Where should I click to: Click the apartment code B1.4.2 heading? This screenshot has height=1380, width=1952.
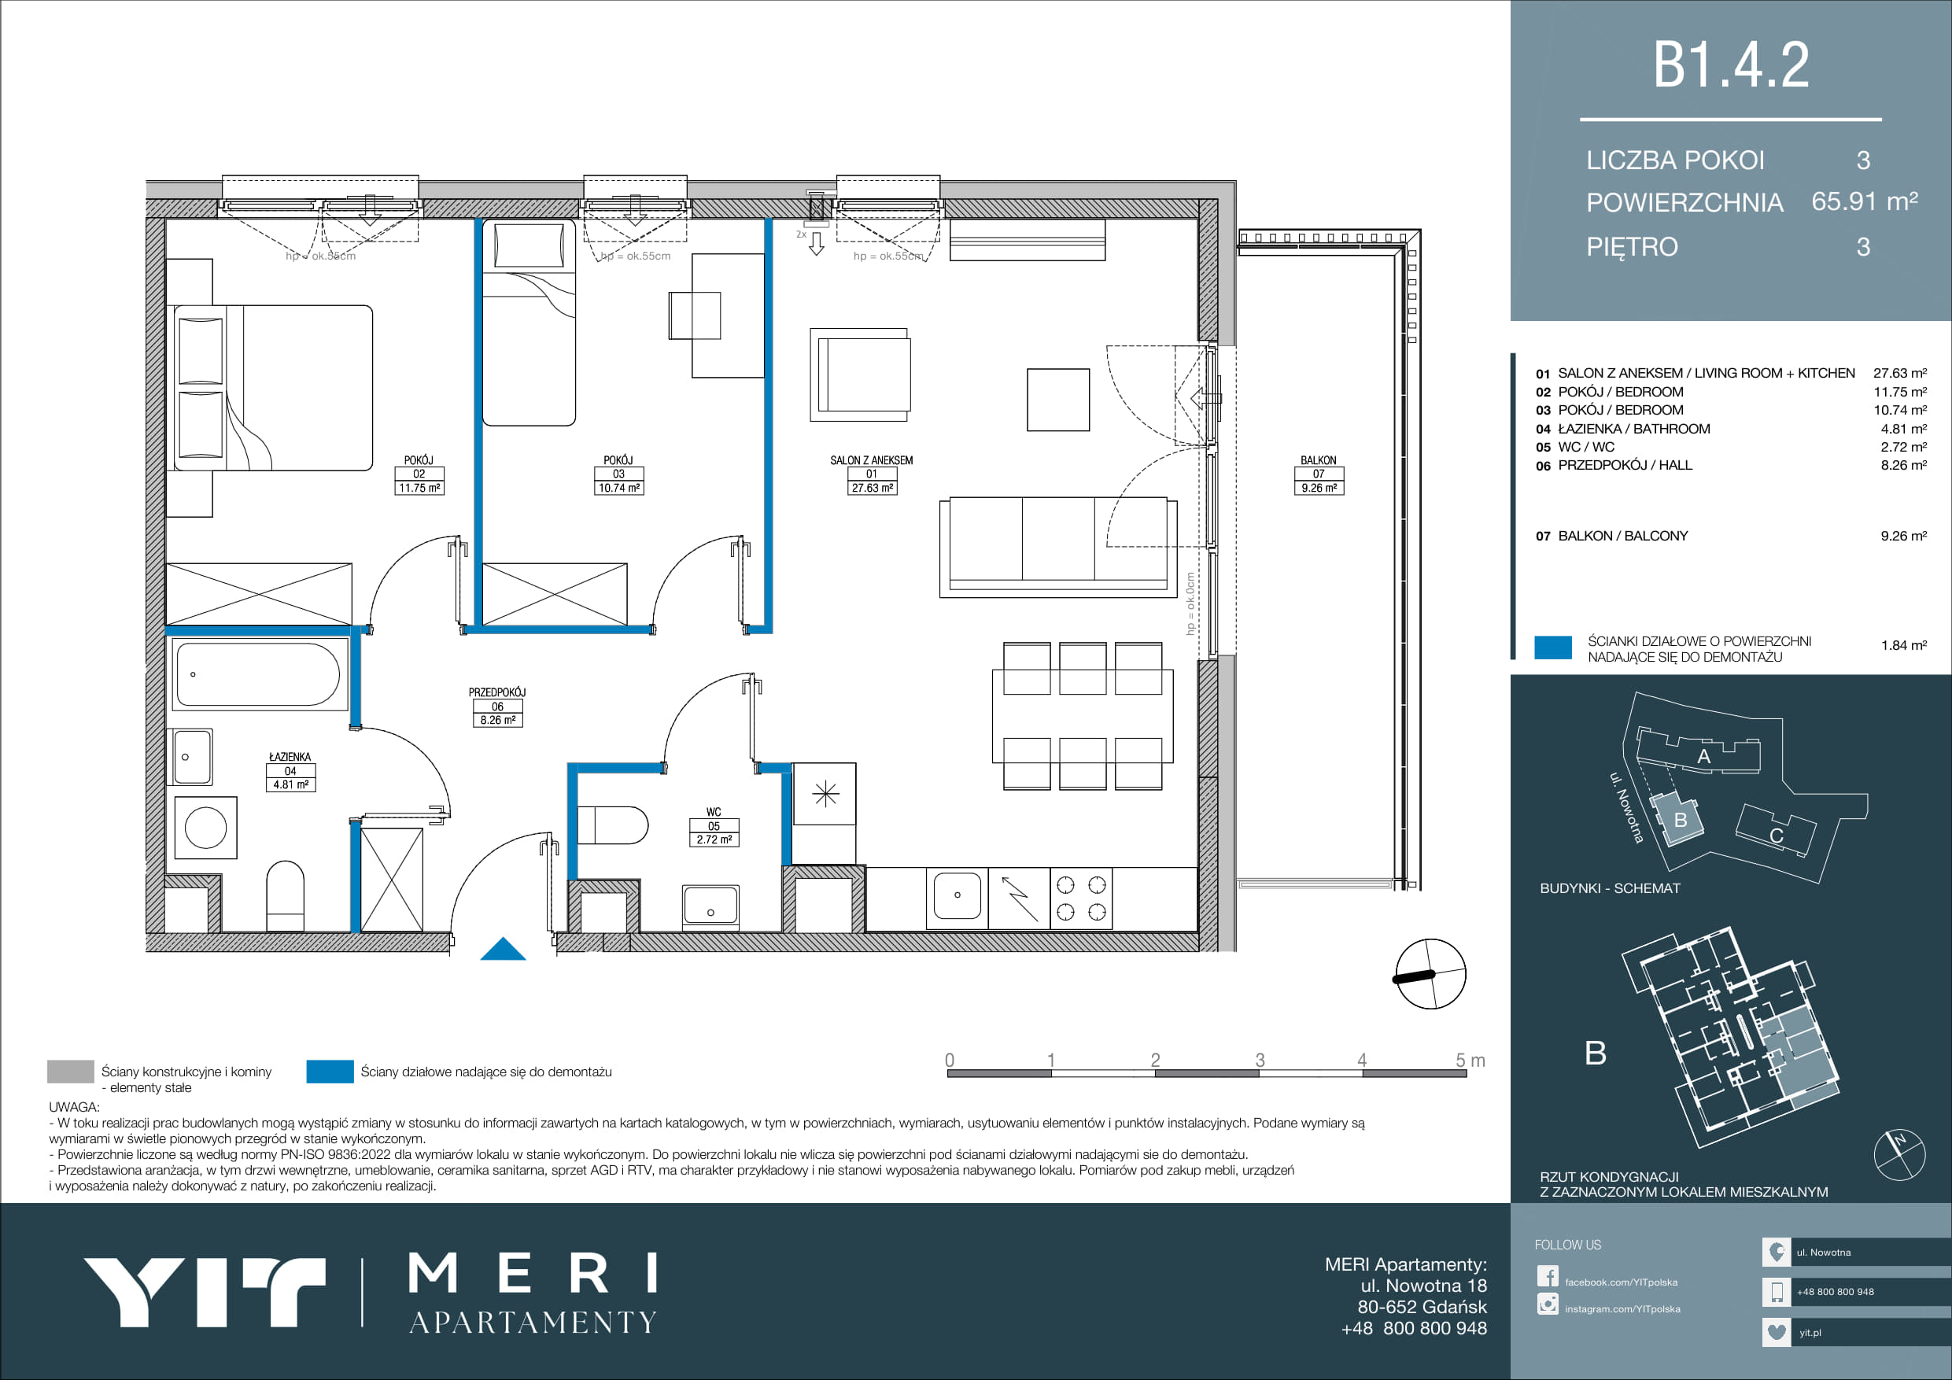(x=1730, y=65)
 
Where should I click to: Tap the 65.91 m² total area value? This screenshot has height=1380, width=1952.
(x=1865, y=201)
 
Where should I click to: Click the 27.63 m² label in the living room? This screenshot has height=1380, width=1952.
(x=872, y=488)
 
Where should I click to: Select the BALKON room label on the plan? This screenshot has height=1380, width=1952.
(x=1318, y=460)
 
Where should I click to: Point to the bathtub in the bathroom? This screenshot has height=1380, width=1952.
(x=258, y=673)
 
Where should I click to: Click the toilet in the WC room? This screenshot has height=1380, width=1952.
(x=612, y=825)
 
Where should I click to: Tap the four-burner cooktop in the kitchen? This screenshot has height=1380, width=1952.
(x=1081, y=898)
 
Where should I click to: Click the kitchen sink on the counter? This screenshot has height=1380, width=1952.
(x=958, y=896)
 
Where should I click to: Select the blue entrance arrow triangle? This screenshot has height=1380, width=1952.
(x=504, y=948)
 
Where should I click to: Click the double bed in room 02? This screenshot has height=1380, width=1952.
(x=273, y=388)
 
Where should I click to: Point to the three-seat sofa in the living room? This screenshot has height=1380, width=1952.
(x=1058, y=547)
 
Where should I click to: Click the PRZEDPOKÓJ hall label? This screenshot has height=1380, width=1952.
(x=497, y=692)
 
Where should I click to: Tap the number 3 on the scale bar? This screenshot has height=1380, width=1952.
(x=1260, y=1060)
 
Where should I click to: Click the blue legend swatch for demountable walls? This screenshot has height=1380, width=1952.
(x=330, y=1072)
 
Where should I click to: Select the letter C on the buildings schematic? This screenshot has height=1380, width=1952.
(x=1776, y=836)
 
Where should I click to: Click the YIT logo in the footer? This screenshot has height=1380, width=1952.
(x=205, y=1293)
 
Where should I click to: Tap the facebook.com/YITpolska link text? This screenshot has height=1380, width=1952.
(x=1622, y=1282)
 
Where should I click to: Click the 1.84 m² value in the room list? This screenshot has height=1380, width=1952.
(x=1903, y=645)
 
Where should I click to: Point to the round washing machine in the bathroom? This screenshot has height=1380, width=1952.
(x=205, y=828)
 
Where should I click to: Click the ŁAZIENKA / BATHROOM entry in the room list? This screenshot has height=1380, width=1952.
(x=1634, y=429)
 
